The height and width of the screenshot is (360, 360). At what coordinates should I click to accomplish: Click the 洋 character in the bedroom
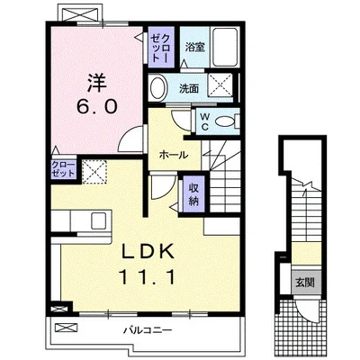pos(96,80)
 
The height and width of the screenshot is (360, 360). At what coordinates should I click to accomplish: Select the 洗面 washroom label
pos(188,88)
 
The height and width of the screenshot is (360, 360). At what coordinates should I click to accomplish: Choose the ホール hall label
pos(173,155)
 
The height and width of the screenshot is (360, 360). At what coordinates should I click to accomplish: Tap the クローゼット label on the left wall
pos(38,170)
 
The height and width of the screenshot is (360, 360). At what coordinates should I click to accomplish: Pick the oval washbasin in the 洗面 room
pos(158,88)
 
